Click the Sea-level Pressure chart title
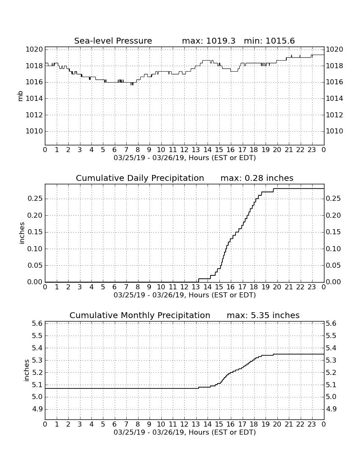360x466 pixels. pos(113,41)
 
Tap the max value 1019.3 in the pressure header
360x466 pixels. pos(221,41)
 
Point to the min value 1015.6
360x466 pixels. pos(280,41)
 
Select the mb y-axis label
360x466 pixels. pos(20,97)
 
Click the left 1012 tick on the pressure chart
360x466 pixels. pos(34,115)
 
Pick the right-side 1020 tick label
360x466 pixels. pos(335,49)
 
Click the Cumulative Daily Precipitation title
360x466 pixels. pos(140,178)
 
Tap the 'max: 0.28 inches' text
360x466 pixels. pos(257,178)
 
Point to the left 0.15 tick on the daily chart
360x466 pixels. pos(35,232)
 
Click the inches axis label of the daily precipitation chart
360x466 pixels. pos(22,233)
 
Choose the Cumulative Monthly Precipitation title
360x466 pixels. pos(140,315)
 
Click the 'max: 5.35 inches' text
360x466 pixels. pos(263,315)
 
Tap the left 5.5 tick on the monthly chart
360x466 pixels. pos(37,336)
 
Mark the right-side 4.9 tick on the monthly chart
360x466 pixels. pos(332,409)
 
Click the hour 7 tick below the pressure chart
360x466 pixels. pos(126,150)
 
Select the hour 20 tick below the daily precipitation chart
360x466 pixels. pos(277,287)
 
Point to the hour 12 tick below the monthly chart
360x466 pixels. pos(184,424)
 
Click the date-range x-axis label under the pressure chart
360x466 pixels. pos(185,158)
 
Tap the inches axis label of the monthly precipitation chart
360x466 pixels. pos(26,371)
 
